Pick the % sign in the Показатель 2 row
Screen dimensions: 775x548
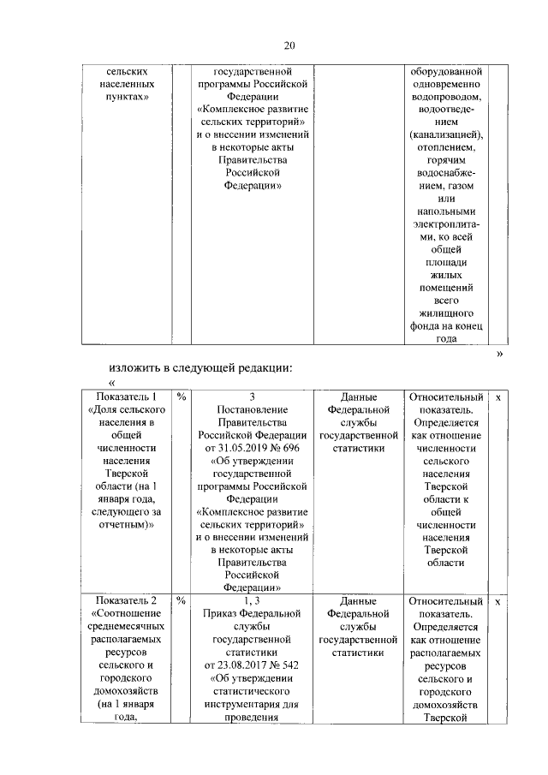click(182, 601)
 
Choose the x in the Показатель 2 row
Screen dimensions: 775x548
click(498, 601)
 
